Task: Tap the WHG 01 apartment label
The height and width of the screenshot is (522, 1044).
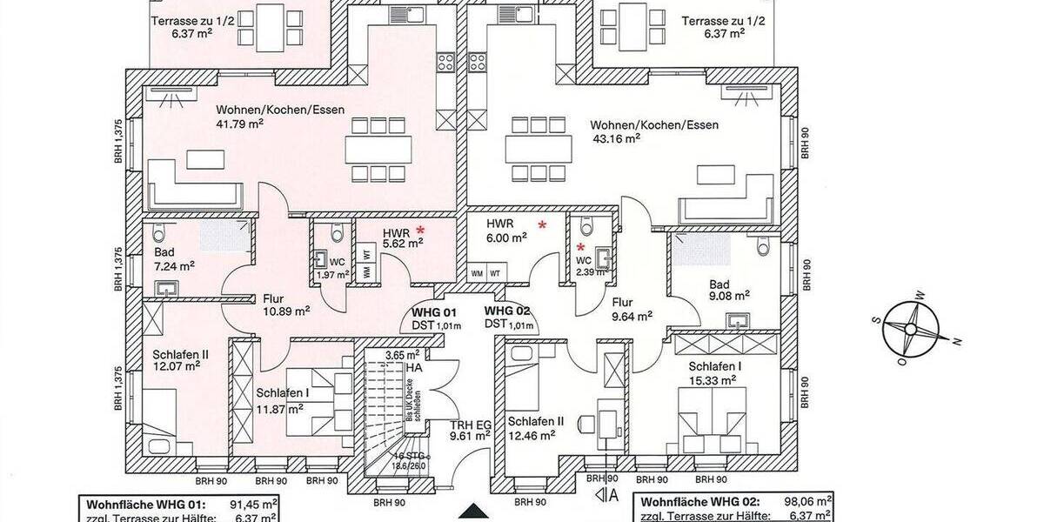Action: pyautogui.click(x=433, y=311)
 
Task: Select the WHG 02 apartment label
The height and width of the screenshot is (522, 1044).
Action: pyautogui.click(x=508, y=311)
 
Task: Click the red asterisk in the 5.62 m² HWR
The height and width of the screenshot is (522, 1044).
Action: pyautogui.click(x=419, y=230)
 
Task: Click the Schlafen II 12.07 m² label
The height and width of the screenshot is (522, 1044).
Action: pyautogui.click(x=180, y=360)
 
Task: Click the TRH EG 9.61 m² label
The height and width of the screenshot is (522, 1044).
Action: pyautogui.click(x=471, y=431)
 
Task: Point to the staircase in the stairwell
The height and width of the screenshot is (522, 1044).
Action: pyautogui.click(x=385, y=409)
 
